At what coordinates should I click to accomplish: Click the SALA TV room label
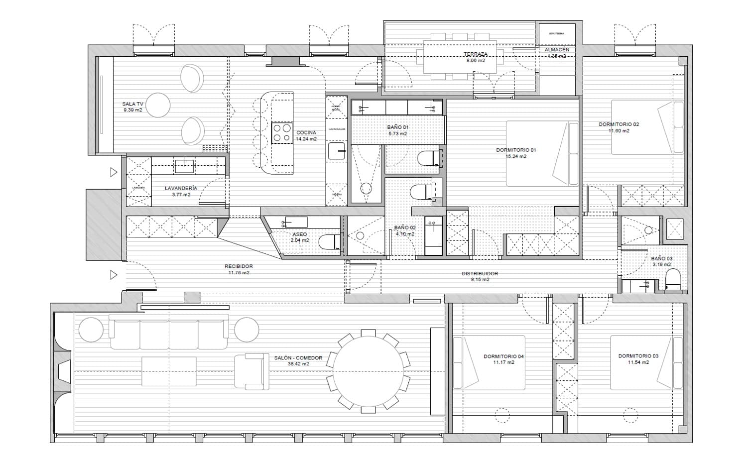click(x=133, y=104)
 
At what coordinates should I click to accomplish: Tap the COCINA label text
click(x=306, y=132)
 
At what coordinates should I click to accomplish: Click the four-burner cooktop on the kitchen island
click(x=282, y=133)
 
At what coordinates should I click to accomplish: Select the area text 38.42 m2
click(x=298, y=364)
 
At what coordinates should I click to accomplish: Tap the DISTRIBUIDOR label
click(x=480, y=273)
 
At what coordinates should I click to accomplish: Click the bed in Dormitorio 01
click(x=542, y=153)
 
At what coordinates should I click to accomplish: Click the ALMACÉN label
click(x=557, y=50)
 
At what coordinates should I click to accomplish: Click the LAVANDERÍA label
click(x=181, y=188)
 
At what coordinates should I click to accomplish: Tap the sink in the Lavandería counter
click(x=184, y=164)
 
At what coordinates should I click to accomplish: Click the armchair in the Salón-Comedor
click(x=251, y=371)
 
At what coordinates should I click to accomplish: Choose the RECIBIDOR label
click(x=239, y=266)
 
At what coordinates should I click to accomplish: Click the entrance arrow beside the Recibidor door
click(x=114, y=274)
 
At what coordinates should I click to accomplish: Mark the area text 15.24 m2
click(x=516, y=156)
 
